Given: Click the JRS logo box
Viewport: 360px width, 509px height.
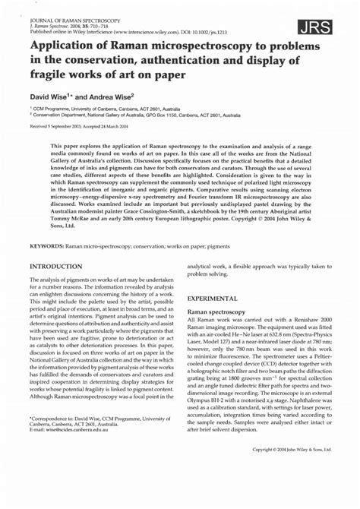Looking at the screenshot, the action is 317,28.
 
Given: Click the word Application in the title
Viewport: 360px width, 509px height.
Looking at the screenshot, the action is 65,49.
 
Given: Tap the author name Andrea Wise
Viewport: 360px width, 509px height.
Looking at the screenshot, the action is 110,96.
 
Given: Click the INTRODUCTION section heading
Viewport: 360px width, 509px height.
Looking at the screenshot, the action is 56,267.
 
